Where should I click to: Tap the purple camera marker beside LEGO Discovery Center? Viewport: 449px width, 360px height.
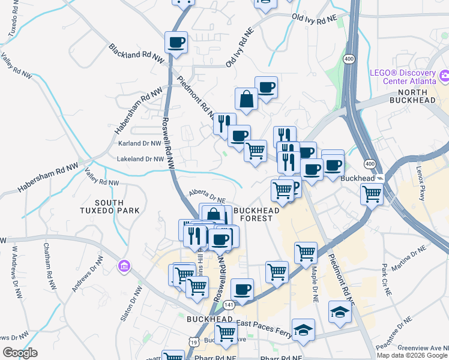tap(444, 77)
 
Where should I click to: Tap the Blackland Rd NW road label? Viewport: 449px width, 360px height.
tap(136, 53)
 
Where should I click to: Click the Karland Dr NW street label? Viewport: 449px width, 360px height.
tap(141, 144)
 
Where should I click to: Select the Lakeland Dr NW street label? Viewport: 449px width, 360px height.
tap(142, 159)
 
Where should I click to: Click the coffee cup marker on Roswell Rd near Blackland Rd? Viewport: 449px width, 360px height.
tap(176, 43)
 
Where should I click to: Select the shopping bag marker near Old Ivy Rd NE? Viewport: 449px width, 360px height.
tap(246, 100)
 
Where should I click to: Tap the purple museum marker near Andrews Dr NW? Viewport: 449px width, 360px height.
tap(124, 265)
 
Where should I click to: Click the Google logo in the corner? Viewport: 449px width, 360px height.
tap(20, 352)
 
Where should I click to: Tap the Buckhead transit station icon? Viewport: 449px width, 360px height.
tap(380, 179)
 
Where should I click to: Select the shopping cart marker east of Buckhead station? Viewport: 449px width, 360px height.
tap(372, 194)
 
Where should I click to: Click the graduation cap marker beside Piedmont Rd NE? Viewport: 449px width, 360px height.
tap(339, 312)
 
